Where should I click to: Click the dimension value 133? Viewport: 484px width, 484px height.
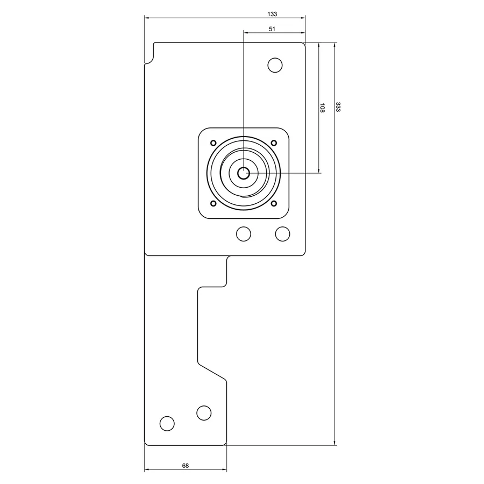click(272, 14)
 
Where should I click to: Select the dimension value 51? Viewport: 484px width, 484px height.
click(272, 29)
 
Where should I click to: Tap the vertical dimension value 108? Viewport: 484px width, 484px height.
click(322, 108)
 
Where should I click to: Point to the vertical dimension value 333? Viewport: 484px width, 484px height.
click(338, 107)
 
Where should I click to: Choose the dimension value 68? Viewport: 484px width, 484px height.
click(185, 466)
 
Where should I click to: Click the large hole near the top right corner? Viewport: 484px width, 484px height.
click(275, 65)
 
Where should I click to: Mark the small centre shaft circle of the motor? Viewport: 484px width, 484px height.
click(244, 173)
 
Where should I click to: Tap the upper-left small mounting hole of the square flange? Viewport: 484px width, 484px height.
click(213, 143)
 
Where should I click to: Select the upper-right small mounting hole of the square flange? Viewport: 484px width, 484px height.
click(274, 143)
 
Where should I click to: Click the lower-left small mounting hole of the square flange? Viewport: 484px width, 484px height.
click(213, 203)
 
